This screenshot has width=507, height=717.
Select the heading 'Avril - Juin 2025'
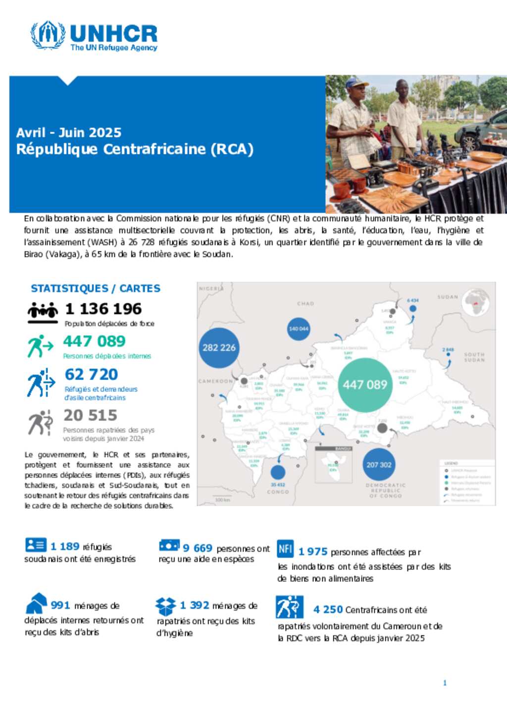(x=69, y=133)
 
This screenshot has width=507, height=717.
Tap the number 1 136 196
(x=103, y=309)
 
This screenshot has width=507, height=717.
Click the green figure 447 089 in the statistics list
(x=94, y=341)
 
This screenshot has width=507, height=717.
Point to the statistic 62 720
(x=92, y=374)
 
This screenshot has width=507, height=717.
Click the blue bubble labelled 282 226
(x=219, y=347)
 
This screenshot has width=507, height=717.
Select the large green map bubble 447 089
(x=365, y=384)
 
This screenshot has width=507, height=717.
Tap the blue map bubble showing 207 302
(x=379, y=465)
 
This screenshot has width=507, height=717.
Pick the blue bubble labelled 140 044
(x=299, y=329)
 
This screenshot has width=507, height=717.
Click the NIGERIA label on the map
(x=211, y=288)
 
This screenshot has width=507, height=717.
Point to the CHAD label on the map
(x=305, y=303)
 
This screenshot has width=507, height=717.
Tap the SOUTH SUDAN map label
(x=474, y=357)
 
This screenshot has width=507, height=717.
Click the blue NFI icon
(x=285, y=548)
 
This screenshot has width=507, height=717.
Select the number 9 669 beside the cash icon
(x=198, y=548)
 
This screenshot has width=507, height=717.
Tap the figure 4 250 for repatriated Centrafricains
(x=328, y=610)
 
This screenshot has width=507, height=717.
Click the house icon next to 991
(x=36, y=603)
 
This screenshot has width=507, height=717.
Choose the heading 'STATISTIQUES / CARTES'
(x=96, y=288)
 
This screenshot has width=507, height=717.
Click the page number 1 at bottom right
(x=445, y=683)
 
